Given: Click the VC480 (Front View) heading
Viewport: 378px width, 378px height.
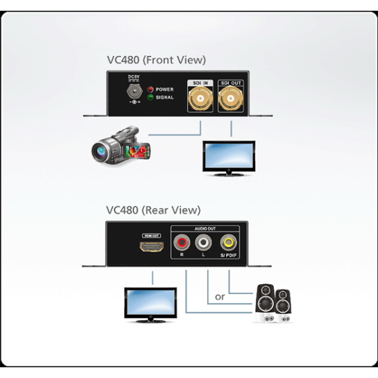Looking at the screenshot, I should point(156,59).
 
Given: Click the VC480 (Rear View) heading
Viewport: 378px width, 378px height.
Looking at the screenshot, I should point(153,210).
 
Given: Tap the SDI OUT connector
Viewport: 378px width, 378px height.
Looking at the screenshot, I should point(232,101).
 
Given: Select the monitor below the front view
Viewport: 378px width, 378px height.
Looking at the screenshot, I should point(230,158).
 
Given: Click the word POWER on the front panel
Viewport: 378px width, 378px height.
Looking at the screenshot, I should point(165,89).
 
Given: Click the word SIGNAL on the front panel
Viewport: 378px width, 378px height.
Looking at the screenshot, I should point(165,97).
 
